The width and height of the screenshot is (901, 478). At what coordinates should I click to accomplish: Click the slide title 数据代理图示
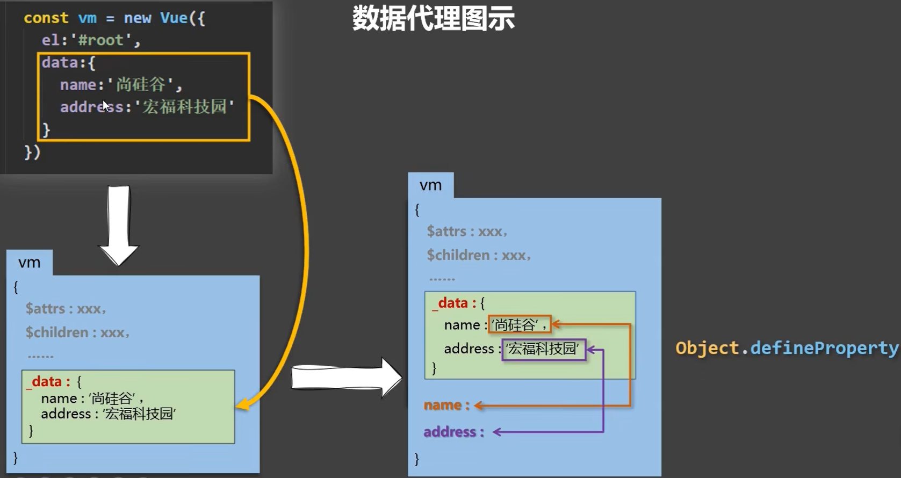tap(433, 19)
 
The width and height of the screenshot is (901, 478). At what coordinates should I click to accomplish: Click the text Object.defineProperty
tap(787, 348)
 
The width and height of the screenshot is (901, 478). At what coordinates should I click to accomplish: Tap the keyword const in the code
tap(46, 18)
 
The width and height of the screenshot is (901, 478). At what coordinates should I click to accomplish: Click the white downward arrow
tap(119, 226)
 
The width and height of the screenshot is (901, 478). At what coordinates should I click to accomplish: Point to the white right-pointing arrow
tap(346, 378)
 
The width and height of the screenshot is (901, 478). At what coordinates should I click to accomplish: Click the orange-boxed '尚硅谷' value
tap(520, 324)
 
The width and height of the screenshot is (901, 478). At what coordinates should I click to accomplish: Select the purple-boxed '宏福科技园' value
tap(543, 349)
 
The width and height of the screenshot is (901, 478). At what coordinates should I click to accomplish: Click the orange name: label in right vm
tap(446, 405)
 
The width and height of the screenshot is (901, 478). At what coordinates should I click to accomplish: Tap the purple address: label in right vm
tap(453, 432)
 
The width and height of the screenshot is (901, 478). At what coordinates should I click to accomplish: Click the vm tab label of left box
tap(30, 263)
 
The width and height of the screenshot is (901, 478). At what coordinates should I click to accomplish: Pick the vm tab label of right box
tap(430, 185)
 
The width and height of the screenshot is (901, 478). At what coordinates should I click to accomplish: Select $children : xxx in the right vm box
tap(478, 255)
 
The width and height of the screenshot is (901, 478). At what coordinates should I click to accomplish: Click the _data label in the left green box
tap(48, 382)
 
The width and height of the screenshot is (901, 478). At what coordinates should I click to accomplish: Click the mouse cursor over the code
tap(106, 105)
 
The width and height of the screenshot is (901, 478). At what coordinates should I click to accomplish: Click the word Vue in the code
tap(174, 18)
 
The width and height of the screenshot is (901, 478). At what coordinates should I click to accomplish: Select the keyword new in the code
tap(138, 18)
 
